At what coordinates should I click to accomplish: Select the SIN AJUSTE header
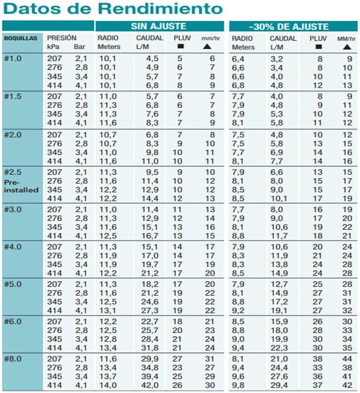[x=158, y=26]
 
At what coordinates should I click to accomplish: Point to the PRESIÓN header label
[x=61, y=38]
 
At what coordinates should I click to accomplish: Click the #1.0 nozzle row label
[x=12, y=58]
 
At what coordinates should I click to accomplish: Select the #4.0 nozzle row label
[x=12, y=246]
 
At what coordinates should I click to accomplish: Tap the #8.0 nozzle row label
[x=12, y=359]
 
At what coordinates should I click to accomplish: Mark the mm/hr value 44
[x=347, y=359]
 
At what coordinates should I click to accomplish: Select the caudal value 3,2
[x=276, y=58]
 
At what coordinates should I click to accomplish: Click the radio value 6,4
[x=237, y=58]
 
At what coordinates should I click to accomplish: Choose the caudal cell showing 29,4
[x=276, y=385]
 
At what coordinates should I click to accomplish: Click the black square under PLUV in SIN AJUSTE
[x=180, y=47]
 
